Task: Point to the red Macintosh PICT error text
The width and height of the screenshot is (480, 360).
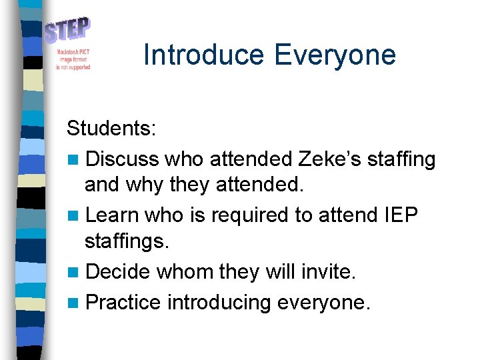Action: coord(73,59)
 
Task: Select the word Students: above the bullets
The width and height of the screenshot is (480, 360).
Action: coord(111,127)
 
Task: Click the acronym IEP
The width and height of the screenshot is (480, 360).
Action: coord(401,215)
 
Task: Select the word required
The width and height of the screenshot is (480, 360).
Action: coord(258,215)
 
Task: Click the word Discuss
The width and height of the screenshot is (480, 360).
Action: coord(122,159)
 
